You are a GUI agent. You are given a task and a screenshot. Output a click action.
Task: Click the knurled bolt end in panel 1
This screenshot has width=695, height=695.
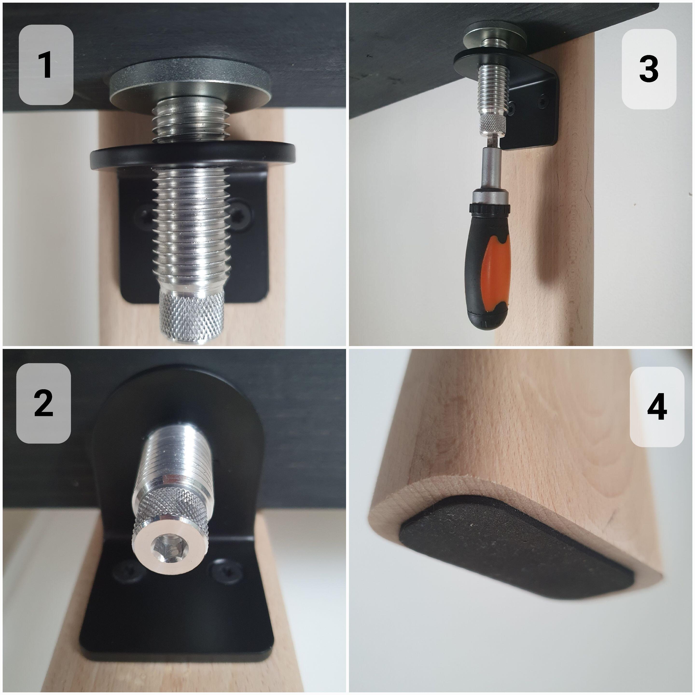pos(193,317)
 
